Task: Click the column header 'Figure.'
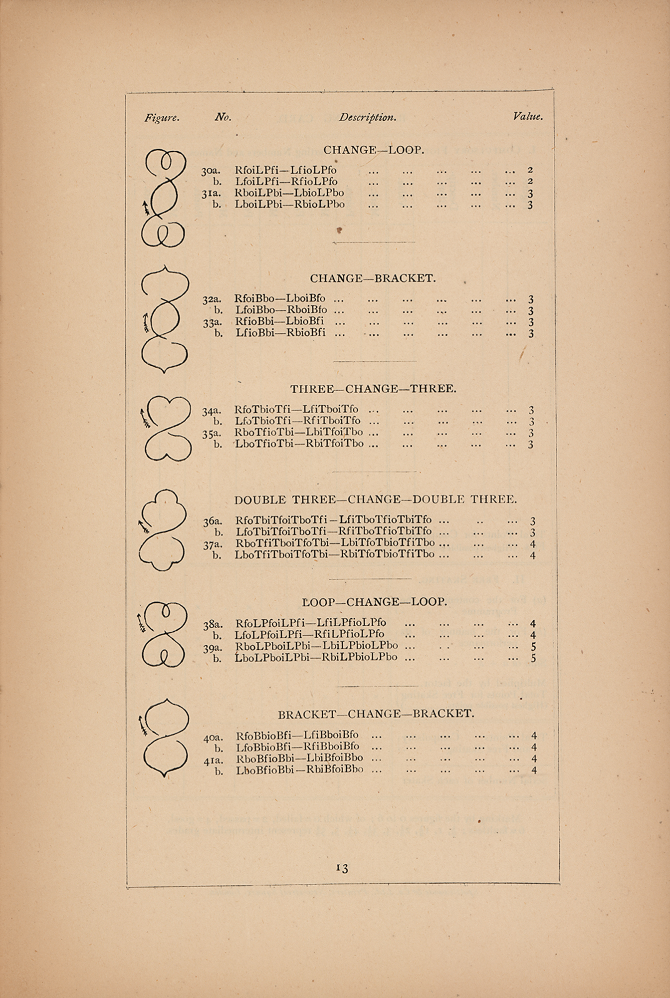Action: coord(162,118)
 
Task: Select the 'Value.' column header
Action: coord(527,116)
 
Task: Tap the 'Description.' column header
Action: coord(368,118)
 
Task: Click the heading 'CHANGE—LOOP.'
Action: coord(374,150)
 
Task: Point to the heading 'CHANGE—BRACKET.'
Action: coord(373,278)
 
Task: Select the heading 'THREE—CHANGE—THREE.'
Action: coord(373,389)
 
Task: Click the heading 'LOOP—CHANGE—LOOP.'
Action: coord(375,602)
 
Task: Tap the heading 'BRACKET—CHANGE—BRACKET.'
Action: coord(376,714)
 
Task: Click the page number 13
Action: coord(342,868)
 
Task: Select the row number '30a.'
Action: coord(211,171)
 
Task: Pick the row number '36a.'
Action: coord(213,521)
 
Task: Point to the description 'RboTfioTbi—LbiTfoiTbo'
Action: coord(299,432)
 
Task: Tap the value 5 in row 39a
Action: coord(533,647)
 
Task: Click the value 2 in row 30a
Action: coord(530,170)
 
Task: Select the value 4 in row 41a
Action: coord(533,758)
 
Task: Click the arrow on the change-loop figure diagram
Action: coord(146,207)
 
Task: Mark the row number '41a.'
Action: coord(213,760)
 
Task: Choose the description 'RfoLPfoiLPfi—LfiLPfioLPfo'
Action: coord(311,623)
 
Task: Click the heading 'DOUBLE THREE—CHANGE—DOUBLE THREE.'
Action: coord(376,499)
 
